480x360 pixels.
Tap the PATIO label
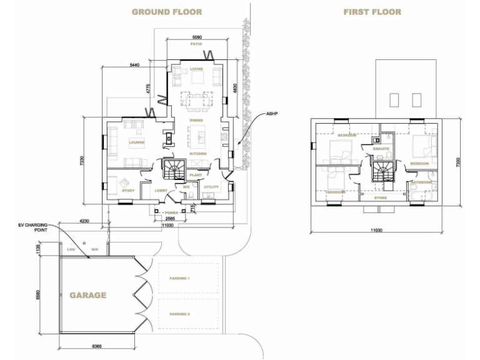point(196,44)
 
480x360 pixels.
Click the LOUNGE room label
point(136,142)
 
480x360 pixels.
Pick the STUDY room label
point(129,190)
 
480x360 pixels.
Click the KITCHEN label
point(198,153)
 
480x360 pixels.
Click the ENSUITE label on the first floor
point(381,149)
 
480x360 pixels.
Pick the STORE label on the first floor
point(381,197)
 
